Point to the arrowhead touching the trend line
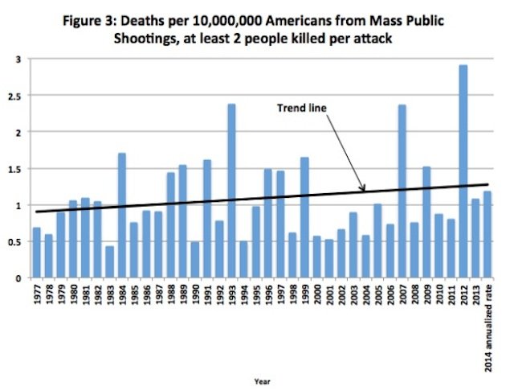point(363,190)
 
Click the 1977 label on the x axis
point(37,296)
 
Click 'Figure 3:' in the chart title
point(96,20)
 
